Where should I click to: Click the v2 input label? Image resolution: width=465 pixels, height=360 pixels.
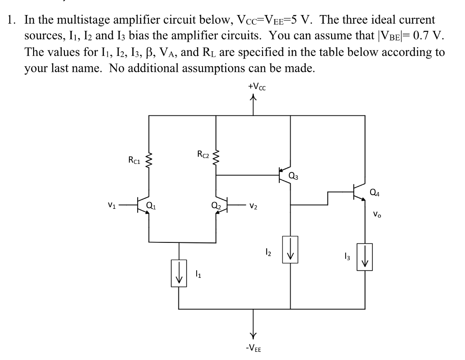pos(253,207)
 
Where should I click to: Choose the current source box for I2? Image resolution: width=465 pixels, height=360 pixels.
pos(290,249)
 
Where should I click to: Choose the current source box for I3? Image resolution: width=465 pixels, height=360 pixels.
pos(365,257)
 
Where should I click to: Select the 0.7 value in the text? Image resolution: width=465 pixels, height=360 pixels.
pos(416,36)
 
